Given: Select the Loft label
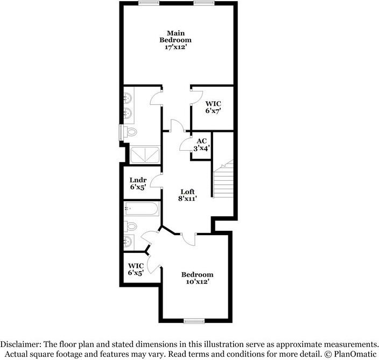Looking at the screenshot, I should (x=187, y=192).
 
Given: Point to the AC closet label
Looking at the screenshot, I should (x=201, y=141).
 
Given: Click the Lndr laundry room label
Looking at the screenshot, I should (x=138, y=180).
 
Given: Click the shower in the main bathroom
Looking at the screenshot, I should (x=144, y=155).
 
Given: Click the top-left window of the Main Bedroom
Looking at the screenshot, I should (x=146, y=3).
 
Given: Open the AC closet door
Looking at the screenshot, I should (x=185, y=144).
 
